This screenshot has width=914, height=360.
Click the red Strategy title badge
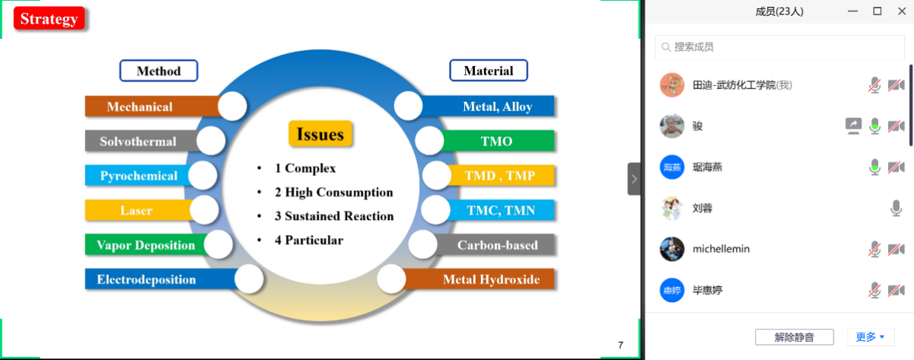49,19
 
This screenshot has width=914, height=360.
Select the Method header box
158,71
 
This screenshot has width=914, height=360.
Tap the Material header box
489,71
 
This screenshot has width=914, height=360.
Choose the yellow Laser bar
136,210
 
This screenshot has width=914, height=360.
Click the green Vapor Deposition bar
145,245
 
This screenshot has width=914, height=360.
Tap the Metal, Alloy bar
497,107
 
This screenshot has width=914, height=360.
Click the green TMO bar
497,141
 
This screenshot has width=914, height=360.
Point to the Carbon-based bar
497,245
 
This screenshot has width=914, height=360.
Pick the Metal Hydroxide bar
491,279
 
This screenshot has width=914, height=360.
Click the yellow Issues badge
320,135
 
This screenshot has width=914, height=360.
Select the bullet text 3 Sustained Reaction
334,216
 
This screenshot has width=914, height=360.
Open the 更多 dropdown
870,336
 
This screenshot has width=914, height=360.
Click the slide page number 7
620,346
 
